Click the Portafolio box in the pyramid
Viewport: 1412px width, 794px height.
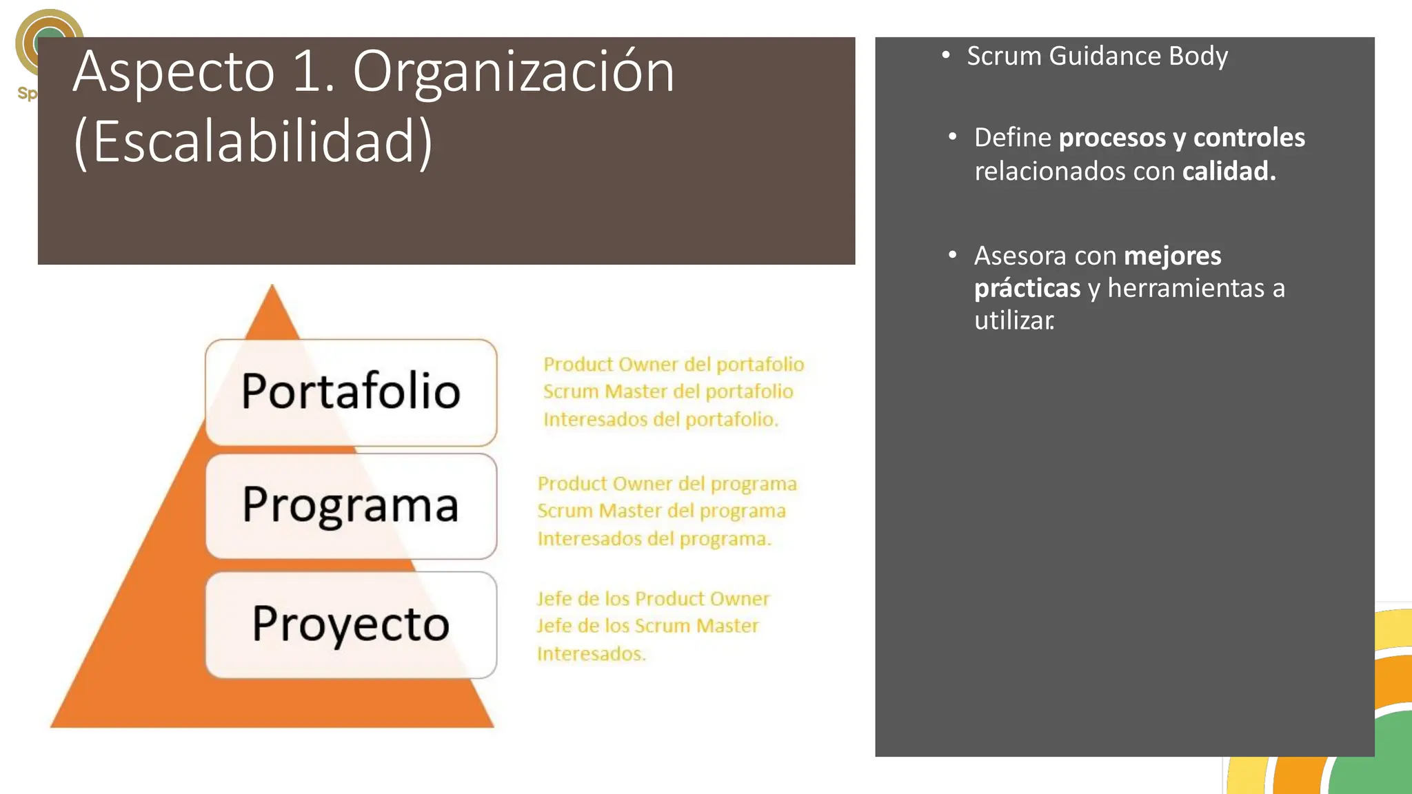351,392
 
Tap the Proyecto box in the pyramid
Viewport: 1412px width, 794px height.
351,624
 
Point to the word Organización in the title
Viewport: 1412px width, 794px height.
514,72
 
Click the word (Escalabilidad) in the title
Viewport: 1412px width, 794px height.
253,142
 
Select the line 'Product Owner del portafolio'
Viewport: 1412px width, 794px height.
674,364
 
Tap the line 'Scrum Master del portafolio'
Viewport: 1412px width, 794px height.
668,391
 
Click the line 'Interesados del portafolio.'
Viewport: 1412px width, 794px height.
660,419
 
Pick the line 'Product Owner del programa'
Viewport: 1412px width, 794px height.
667,483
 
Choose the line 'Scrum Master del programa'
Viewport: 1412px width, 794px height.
661,511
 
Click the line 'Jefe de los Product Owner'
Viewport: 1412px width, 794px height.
653,598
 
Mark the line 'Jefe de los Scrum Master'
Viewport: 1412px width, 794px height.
647,626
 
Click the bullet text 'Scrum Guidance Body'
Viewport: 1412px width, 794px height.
1097,56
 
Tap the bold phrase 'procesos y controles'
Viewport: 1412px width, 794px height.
1182,138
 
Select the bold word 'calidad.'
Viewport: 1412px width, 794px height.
1229,171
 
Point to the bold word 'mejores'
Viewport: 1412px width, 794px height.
1172,256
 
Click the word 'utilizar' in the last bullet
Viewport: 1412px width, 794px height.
1013,320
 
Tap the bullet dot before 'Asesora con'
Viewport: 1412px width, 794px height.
952,255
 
